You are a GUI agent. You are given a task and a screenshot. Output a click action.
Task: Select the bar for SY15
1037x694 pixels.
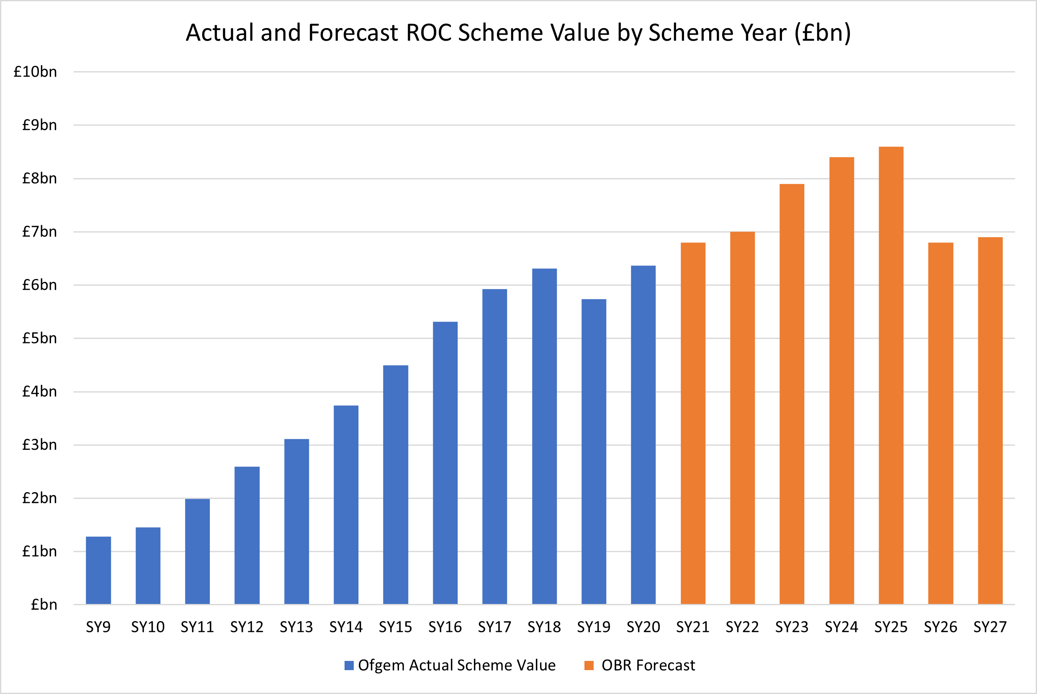pos(396,485)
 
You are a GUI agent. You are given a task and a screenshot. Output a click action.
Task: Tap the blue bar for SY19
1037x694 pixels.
pos(594,451)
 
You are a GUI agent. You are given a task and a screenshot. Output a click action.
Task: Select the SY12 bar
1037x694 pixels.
pos(247,535)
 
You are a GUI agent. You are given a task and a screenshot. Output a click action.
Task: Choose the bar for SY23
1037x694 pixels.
pos(792,394)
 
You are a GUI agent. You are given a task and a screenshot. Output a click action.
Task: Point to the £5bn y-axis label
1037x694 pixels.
pos(39,338)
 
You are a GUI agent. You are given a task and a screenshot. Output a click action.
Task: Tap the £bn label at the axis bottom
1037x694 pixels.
pos(44,605)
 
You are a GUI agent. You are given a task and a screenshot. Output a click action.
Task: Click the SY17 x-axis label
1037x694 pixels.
pos(494,627)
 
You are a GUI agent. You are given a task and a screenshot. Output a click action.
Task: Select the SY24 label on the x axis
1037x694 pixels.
pos(841,627)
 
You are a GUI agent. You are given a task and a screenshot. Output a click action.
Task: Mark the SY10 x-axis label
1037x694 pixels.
pos(148,627)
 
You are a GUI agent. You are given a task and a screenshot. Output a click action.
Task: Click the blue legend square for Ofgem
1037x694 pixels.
pos(349,665)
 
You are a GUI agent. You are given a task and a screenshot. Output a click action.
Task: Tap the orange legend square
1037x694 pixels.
pos(589,665)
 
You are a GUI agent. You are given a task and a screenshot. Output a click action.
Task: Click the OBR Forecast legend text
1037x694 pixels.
pos(648,665)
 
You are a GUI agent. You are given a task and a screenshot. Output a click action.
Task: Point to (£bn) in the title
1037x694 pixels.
pos(822,33)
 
